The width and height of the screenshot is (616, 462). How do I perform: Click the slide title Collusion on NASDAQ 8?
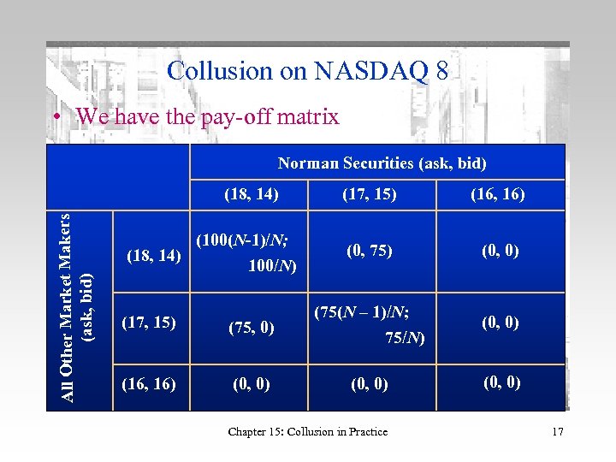[x=307, y=70]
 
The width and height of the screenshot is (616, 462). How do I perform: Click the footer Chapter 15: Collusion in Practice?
[x=307, y=432]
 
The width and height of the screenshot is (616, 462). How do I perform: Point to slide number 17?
[x=557, y=432]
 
